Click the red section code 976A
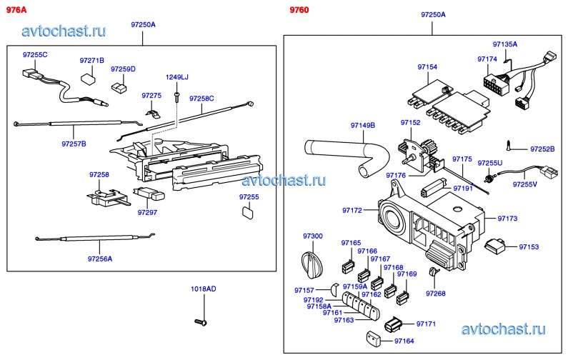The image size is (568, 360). (x=16, y=9)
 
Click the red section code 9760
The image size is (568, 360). (x=299, y=9)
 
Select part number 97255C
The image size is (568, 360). (x=34, y=55)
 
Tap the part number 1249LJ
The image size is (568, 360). (x=176, y=77)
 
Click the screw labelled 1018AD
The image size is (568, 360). (x=199, y=322)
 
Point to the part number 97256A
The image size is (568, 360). (x=100, y=259)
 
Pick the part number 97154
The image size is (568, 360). (x=427, y=66)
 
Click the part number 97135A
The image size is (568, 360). (x=504, y=44)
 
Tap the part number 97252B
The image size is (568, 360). (x=542, y=149)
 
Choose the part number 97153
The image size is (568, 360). (x=529, y=246)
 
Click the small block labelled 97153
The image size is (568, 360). (x=494, y=247)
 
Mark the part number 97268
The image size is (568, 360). (x=435, y=294)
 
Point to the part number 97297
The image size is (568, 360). (x=147, y=212)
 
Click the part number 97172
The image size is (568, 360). (x=352, y=211)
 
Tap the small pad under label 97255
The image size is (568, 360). (x=247, y=211)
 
